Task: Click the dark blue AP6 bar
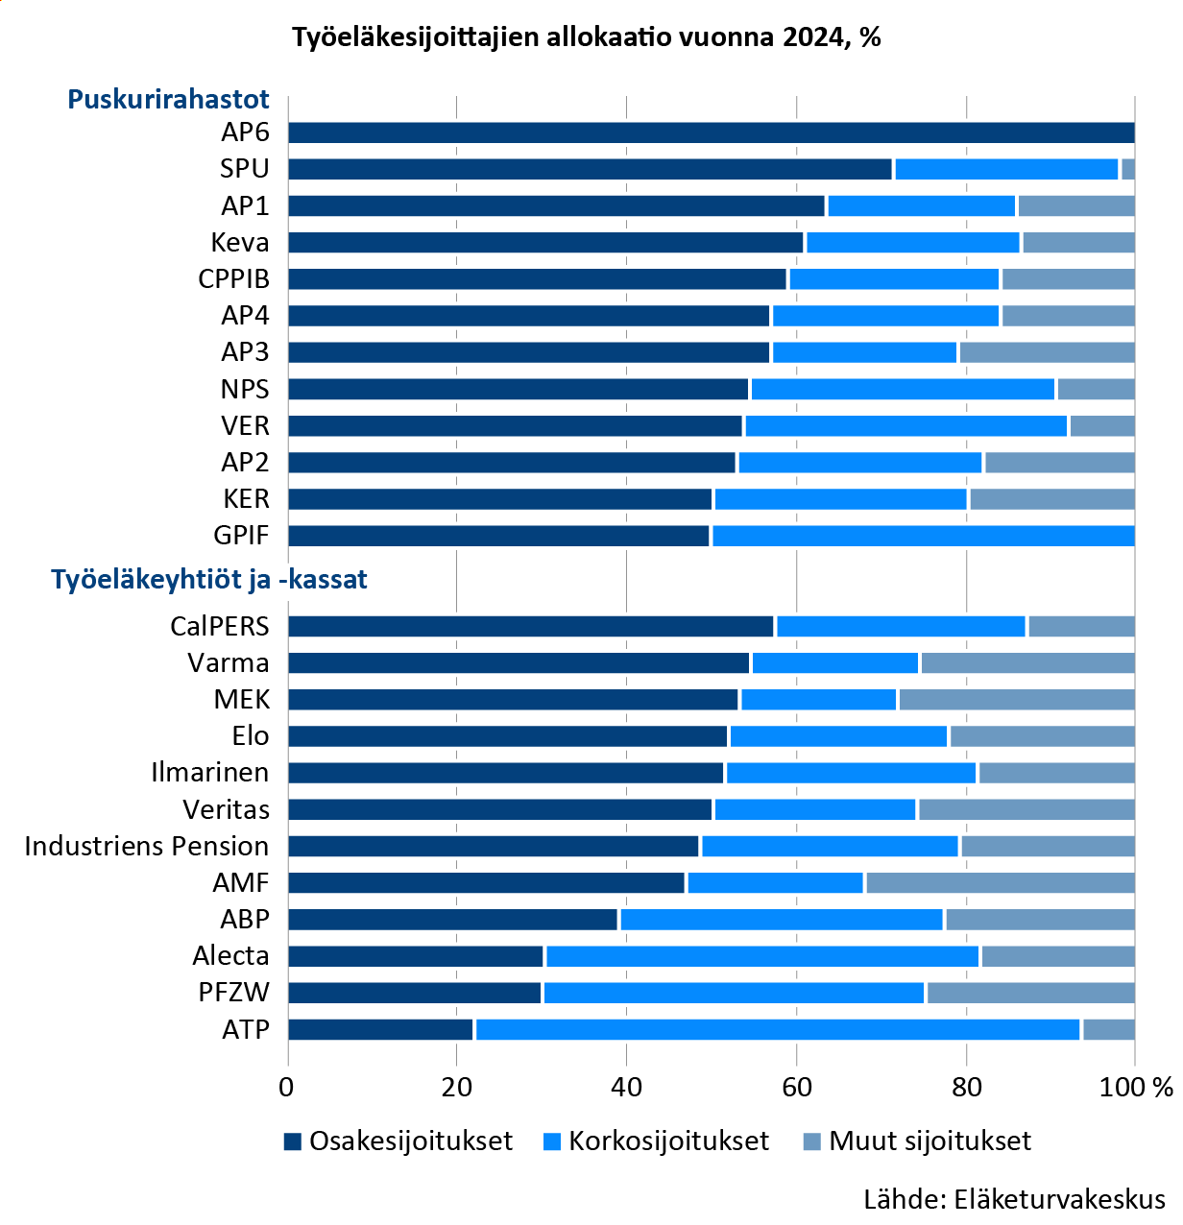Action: [x=711, y=132]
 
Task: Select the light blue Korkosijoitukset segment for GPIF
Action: [x=923, y=536]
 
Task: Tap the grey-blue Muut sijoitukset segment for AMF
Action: [x=1000, y=883]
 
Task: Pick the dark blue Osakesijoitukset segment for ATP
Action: [x=380, y=1029]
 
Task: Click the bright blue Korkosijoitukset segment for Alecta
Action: [x=762, y=956]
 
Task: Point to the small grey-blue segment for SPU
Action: [x=1128, y=169]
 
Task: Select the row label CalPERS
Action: [x=220, y=626]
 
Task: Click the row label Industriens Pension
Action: [x=147, y=846]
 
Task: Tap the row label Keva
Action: [x=240, y=242]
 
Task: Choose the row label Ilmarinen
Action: [x=210, y=773]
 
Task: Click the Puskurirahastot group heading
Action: [x=168, y=99]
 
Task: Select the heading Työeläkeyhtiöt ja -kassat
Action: [x=209, y=580]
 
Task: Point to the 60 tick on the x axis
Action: [x=796, y=1087]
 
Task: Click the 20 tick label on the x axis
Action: [x=457, y=1087]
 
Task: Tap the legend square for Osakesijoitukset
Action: [x=293, y=1141]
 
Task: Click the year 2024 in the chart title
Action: [x=814, y=37]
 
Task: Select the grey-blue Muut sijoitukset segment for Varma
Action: [x=1027, y=662]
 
